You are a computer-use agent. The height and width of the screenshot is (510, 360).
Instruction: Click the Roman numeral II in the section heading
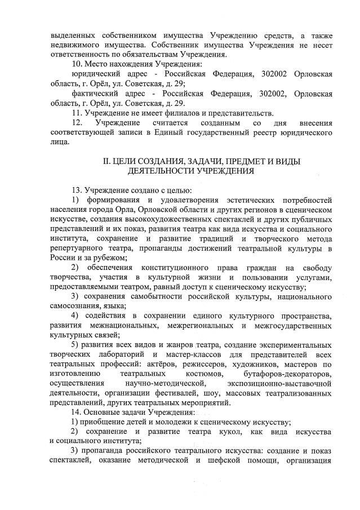coord(105,161)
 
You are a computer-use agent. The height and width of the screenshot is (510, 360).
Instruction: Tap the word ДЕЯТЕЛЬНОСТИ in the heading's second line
coord(165,171)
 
